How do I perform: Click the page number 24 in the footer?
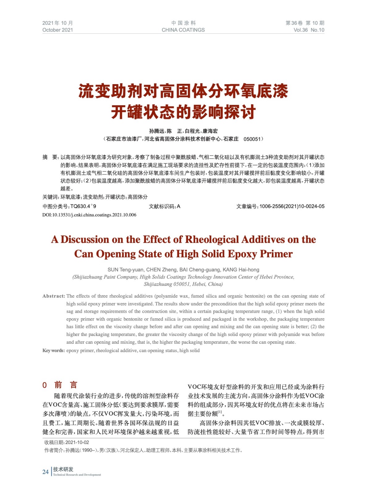coord(45,471)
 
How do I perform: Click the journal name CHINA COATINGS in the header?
coord(183,30)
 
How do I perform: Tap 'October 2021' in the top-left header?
coord(58,30)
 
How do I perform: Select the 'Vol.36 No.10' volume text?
coord(309,30)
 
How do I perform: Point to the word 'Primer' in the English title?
coord(276,254)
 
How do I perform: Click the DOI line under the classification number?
coord(89,215)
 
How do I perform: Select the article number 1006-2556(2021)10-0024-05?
coord(292,206)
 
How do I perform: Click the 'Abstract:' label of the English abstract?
coord(54,296)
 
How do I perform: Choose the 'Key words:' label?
coord(53,351)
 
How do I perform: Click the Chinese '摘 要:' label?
coord(50,157)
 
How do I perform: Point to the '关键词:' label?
coord(51,197)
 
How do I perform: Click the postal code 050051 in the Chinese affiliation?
coord(252,139)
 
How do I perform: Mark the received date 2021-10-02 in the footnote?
coord(77,442)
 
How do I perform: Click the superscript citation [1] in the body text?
coord(220,412)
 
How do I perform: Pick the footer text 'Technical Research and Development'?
coord(77,475)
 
